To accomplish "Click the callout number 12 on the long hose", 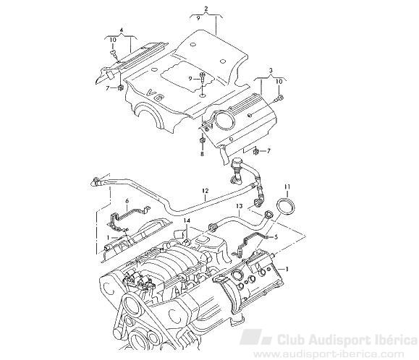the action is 205,191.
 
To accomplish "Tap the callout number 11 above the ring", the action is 287,187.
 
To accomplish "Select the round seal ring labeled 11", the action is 286,207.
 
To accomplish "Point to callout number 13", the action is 239,206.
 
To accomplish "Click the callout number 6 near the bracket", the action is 127,200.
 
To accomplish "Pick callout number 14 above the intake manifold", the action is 187,220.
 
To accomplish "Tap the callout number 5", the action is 276,236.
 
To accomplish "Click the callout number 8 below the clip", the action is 202,154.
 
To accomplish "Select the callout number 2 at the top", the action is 206,9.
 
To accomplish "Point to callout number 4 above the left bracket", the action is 122,30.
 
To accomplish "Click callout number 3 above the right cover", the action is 271,71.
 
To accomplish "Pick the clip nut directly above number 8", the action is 202,141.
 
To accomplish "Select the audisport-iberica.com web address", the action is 329,354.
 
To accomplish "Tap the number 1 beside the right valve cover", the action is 287,269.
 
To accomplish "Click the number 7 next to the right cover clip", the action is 268,152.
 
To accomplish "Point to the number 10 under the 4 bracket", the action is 113,40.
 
